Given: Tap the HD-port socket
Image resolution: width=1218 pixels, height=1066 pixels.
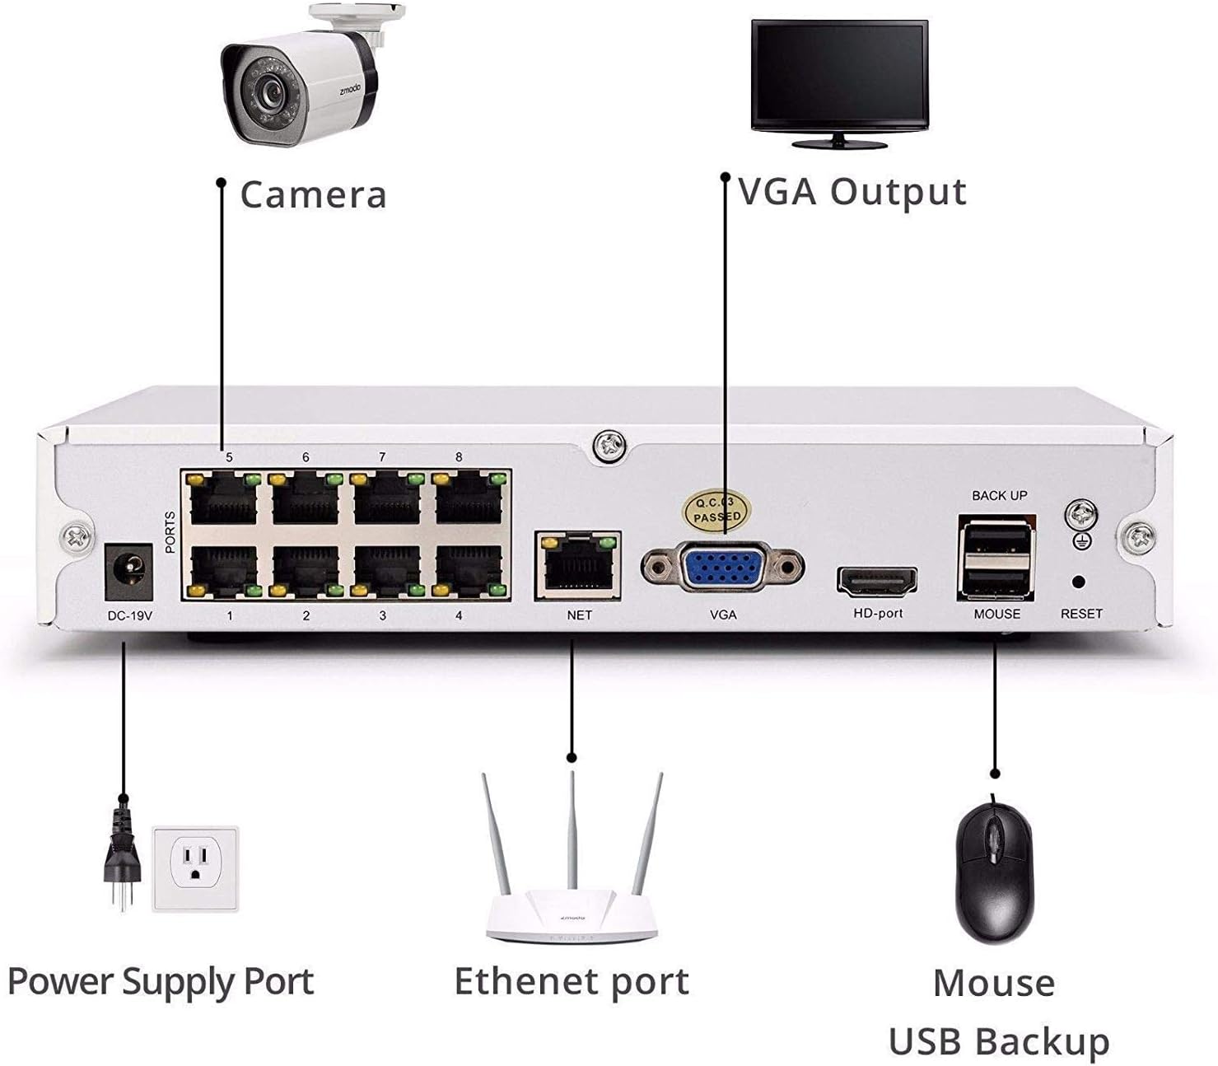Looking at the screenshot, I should coord(877,582).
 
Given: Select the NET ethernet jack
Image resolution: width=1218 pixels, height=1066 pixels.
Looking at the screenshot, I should coord(578,566).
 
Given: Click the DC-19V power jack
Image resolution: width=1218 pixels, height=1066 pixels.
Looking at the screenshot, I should coord(129,570).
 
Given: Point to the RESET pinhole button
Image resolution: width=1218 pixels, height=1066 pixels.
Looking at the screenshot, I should coord(1079,582).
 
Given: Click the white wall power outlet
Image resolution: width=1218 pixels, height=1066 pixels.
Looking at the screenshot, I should coord(195,868).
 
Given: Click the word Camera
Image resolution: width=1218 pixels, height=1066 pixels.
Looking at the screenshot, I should coord(313,195).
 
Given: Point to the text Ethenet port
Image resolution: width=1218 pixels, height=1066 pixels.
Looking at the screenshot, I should coord(572,982).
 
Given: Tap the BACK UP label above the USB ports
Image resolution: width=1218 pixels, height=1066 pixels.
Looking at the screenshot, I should coord(999,495).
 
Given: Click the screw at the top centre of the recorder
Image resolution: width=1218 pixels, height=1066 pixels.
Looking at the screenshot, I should coord(609,447).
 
